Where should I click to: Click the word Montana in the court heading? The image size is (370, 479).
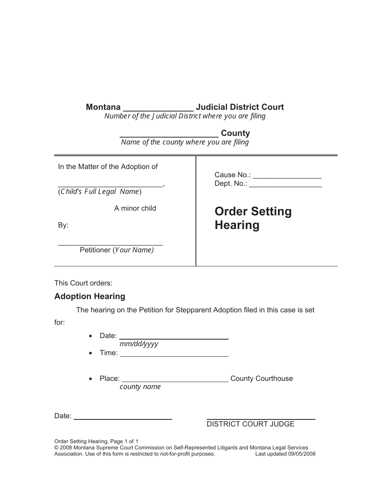103,107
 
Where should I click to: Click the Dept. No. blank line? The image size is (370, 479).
285,186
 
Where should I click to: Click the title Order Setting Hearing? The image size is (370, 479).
253,218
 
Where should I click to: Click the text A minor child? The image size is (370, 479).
135,208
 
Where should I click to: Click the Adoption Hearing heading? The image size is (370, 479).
90,296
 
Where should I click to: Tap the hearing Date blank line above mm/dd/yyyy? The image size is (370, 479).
174,338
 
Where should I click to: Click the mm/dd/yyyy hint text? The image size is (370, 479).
139,344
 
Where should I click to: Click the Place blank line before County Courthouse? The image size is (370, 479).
176,380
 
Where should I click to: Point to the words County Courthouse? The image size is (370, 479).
261,379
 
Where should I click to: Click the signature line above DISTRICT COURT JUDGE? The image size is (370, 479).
261,419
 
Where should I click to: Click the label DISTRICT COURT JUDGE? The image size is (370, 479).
250,424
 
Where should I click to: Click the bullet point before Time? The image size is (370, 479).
91,353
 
